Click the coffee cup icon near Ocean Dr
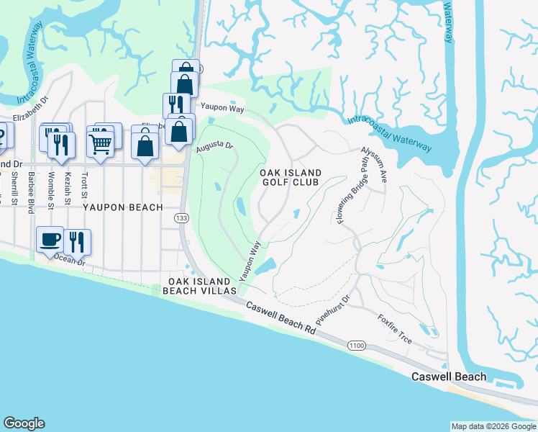pyautogui.click(x=50, y=239)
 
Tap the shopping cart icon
pyautogui.click(x=101, y=141)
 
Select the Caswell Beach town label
pyautogui.click(x=449, y=377)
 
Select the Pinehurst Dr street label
pyautogui.click(x=332, y=308)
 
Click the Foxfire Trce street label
pyautogui.click(x=395, y=327)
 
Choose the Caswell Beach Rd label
pyautogui.click(x=281, y=318)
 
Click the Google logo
pyautogui.click(x=24, y=423)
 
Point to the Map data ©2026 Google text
pyautogui.click(x=493, y=426)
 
